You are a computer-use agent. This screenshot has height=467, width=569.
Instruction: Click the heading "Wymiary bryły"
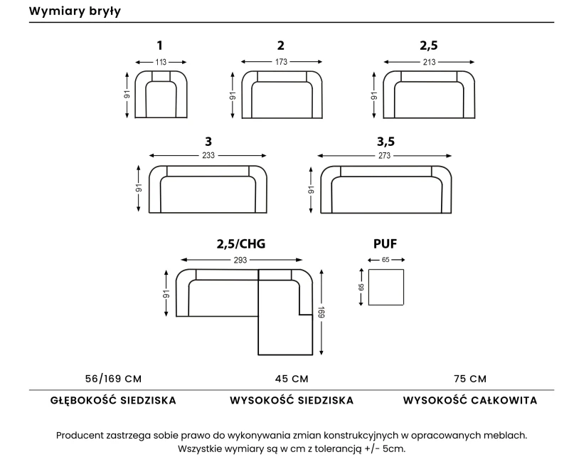click(75, 11)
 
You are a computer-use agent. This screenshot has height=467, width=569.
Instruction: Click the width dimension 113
click(161, 62)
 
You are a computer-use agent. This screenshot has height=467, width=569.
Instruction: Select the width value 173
click(281, 62)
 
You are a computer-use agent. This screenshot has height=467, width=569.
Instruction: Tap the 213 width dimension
click(429, 62)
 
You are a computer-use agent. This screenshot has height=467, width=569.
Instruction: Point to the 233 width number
click(208, 155)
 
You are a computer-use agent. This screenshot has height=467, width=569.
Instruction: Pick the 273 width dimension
click(384, 156)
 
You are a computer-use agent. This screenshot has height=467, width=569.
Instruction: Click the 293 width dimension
click(240, 260)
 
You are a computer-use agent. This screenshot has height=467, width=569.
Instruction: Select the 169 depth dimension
click(321, 313)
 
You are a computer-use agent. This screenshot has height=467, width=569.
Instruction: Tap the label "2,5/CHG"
click(241, 243)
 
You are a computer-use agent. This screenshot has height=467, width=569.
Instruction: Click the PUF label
click(385, 243)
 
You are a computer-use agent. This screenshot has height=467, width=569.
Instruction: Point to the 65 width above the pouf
click(385, 260)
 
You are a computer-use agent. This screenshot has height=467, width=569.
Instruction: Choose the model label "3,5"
click(385, 141)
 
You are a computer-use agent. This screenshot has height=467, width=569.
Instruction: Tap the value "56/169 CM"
click(113, 379)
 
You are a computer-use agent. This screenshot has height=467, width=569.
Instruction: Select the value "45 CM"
click(292, 379)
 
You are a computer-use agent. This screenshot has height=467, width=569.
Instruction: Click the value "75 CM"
click(470, 379)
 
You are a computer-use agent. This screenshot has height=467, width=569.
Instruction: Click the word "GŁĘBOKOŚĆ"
click(83, 400)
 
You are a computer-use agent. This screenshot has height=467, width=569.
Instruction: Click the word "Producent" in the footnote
click(80, 436)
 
